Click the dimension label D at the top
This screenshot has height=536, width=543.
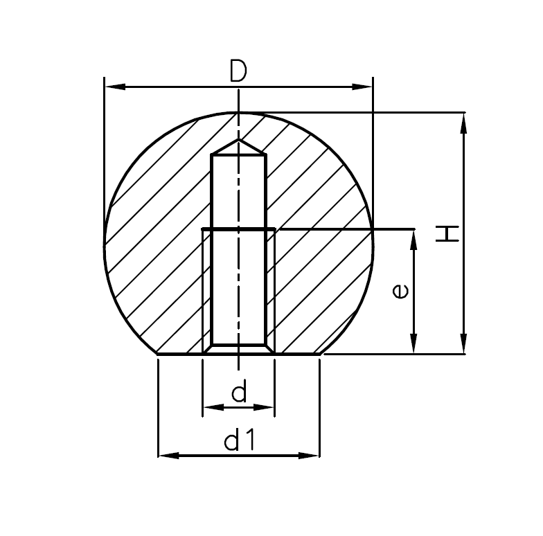(238, 71)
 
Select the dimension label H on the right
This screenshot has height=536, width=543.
(449, 233)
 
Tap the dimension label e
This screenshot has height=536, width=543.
(400, 292)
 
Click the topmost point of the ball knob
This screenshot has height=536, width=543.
(238, 112)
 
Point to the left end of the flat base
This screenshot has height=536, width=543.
(159, 354)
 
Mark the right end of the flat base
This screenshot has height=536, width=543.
(319, 354)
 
